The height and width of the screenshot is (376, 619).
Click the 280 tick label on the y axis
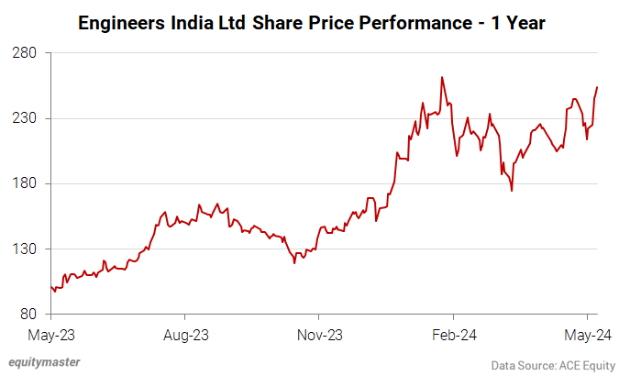[x=24, y=53]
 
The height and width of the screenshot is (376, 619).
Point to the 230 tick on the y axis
[x=24, y=118]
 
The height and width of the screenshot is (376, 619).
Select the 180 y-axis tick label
[x=24, y=183]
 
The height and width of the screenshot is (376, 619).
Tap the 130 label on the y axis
[x=24, y=249]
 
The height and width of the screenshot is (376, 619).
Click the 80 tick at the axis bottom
[x=28, y=314]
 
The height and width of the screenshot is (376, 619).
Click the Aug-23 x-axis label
[x=186, y=335]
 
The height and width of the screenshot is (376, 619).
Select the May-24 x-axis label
[x=586, y=335]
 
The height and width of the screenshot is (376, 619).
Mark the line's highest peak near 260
[x=442, y=77]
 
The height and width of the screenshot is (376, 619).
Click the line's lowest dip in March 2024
[x=512, y=191]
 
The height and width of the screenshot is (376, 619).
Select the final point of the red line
[x=597, y=87]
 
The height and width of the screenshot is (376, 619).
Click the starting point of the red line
[x=51, y=287]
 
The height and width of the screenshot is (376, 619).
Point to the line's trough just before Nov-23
[x=294, y=263]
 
